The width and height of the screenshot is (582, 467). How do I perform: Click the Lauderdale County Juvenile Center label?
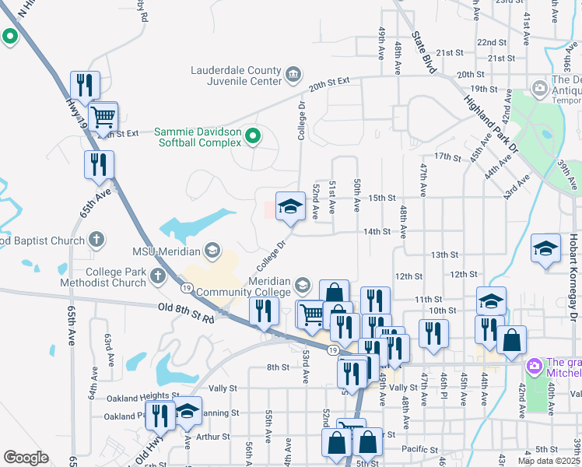click(237, 75)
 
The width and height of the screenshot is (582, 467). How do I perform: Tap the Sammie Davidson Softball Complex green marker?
click(253, 138)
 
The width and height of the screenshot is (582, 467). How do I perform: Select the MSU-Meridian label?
click(166, 251)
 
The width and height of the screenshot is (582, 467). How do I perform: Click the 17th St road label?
click(448, 156)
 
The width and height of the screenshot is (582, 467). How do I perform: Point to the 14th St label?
click(377, 231)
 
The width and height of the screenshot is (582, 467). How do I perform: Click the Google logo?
click(26, 458)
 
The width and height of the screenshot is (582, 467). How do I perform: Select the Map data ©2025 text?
click(549, 461)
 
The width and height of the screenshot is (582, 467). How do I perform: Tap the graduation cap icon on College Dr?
click(290, 206)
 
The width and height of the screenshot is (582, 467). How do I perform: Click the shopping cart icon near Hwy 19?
click(103, 118)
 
